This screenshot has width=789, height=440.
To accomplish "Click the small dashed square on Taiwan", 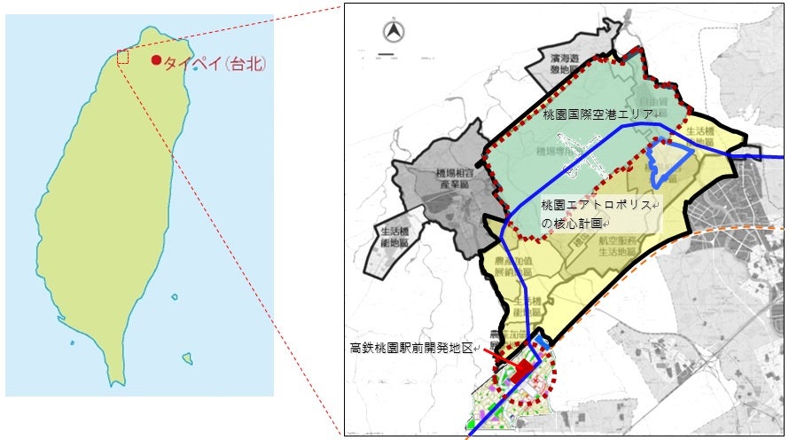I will (x=123, y=57).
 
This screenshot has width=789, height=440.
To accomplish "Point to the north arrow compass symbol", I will (x=392, y=33).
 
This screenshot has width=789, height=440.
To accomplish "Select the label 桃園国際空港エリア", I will (x=598, y=115).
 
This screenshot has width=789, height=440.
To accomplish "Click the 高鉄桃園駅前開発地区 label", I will (x=413, y=349).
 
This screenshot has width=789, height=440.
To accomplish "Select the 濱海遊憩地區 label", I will (x=564, y=66).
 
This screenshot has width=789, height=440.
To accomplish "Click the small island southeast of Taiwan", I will (x=187, y=359).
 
